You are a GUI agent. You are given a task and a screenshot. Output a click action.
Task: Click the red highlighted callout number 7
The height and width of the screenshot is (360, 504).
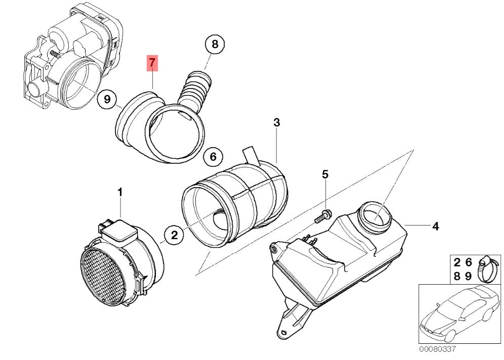(x=152, y=63)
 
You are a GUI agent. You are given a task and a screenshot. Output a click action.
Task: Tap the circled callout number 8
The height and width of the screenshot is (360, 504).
(x=215, y=44)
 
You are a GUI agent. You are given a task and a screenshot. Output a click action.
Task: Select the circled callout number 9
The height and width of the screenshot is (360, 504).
(x=107, y=99)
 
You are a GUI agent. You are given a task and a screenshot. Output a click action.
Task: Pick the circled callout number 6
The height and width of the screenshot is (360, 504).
(x=214, y=157)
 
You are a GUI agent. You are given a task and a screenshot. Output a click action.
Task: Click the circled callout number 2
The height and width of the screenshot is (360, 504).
(x=174, y=236)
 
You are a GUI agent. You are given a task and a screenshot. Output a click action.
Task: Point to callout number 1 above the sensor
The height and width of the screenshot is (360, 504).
(x=120, y=193)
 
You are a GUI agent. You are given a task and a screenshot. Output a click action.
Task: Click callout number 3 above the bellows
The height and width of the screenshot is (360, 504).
(x=276, y=122)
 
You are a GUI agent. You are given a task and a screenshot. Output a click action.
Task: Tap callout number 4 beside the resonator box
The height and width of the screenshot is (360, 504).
(x=435, y=227)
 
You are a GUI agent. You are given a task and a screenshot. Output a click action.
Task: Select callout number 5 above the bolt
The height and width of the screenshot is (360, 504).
(x=325, y=174)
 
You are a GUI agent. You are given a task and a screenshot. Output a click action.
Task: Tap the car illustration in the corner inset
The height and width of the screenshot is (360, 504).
(x=460, y=313)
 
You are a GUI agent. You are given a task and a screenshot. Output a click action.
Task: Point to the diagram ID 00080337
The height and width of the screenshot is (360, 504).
(x=437, y=349)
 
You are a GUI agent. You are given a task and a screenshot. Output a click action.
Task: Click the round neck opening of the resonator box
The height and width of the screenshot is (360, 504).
(x=375, y=216)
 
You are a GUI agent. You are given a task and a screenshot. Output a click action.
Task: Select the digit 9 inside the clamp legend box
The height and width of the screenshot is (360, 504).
(x=468, y=276)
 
